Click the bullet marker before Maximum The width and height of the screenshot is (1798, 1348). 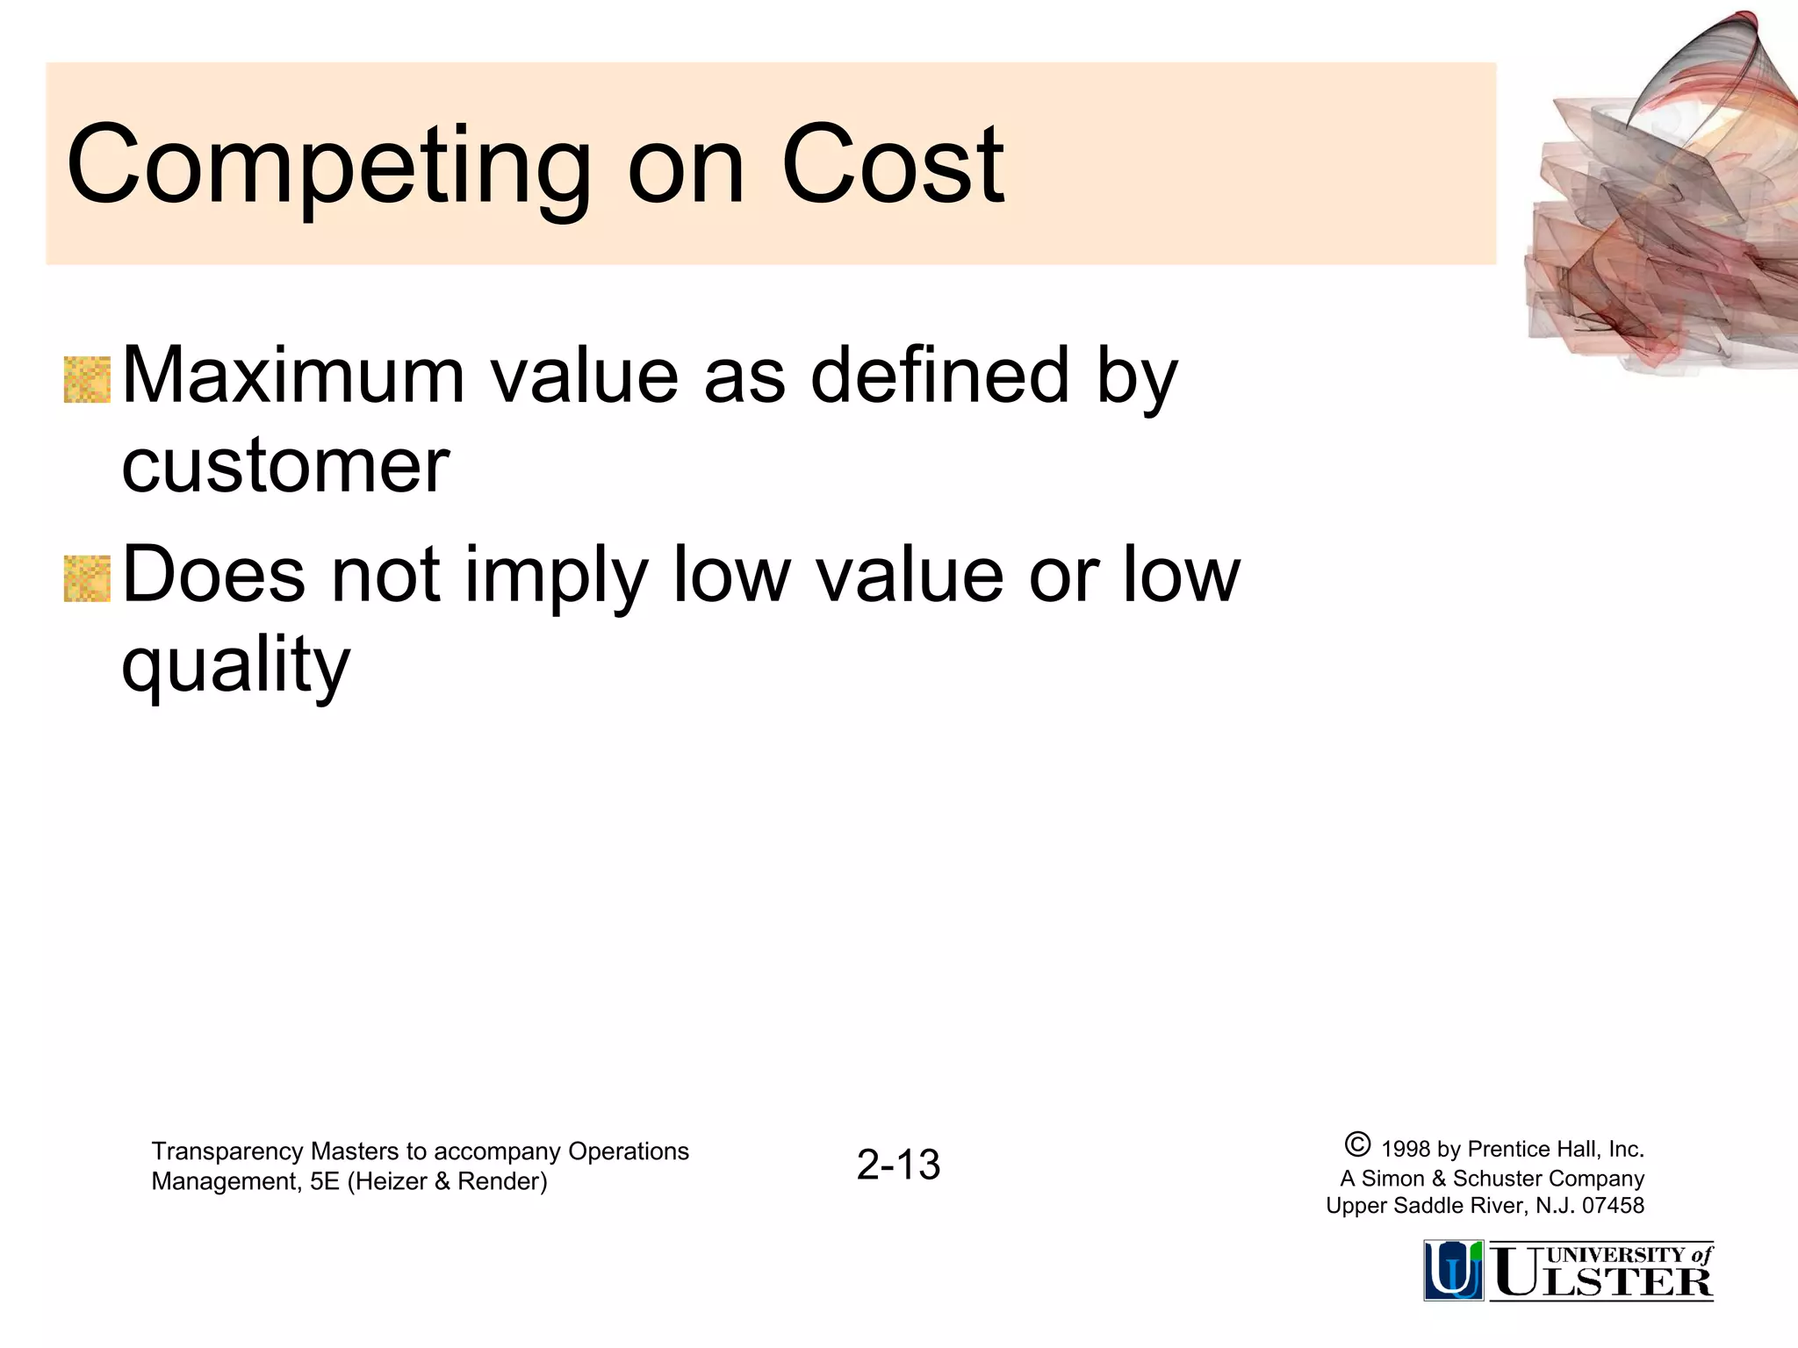point(88,380)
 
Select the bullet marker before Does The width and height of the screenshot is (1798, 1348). point(88,579)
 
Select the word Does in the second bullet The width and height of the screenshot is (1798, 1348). point(213,575)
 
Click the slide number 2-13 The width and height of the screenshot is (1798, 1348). point(898,1165)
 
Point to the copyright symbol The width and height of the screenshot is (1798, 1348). point(1356,1145)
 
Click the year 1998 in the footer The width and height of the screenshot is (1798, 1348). point(1406,1149)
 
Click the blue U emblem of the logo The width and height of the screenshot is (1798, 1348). point(1453,1270)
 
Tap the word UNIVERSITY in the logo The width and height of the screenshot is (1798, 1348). point(1616,1255)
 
